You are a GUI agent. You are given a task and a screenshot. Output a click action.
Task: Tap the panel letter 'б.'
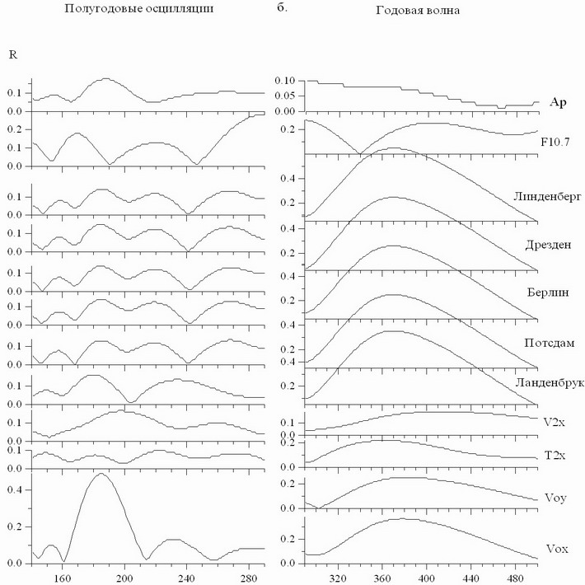coord(281,11)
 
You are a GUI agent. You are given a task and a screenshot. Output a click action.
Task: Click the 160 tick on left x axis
coord(62,578)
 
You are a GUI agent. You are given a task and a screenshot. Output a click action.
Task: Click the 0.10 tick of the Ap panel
coord(283,82)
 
